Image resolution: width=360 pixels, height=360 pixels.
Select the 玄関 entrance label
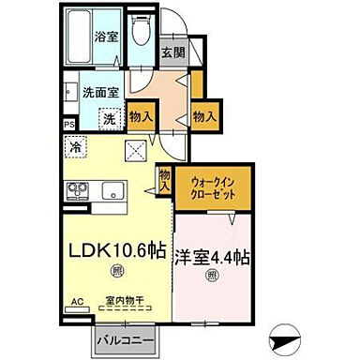172,53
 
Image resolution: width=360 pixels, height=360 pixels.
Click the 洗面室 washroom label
98,93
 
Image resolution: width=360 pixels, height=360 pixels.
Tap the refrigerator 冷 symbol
76,146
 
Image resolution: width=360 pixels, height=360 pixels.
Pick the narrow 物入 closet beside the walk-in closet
165,179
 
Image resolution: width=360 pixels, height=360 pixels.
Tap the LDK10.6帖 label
114,250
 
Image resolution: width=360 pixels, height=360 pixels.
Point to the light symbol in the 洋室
212,276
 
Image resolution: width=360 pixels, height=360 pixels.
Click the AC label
77,301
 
